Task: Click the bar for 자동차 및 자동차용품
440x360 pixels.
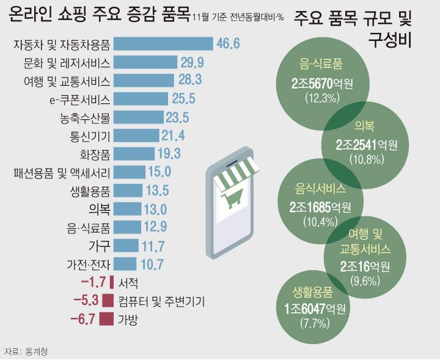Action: [x=163, y=44]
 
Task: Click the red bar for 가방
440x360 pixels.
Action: [x=106, y=318]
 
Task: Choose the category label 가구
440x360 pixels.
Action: [x=99, y=246]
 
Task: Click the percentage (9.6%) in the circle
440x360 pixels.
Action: [x=364, y=281]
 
